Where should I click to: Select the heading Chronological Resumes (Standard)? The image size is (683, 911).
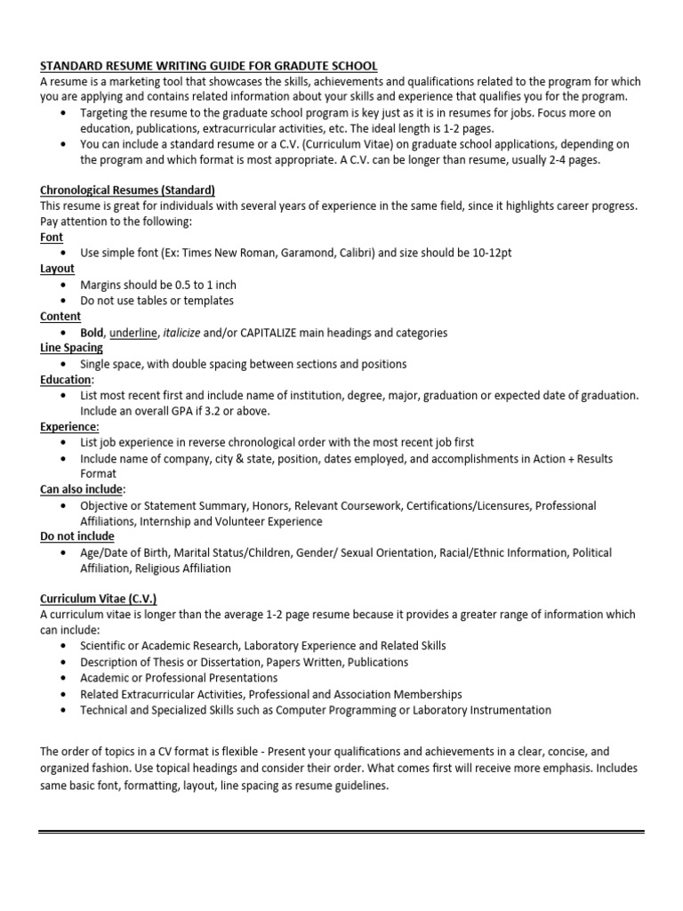pyautogui.click(x=127, y=190)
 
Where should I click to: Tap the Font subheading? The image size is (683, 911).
pyautogui.click(x=52, y=238)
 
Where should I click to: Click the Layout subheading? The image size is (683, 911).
pyautogui.click(x=57, y=269)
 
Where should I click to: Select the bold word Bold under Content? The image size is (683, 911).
pyautogui.click(x=92, y=333)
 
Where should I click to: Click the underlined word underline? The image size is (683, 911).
pyautogui.click(x=133, y=333)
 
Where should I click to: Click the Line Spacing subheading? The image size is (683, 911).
pyautogui.click(x=71, y=348)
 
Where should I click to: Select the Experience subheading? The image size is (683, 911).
pyautogui.click(x=69, y=427)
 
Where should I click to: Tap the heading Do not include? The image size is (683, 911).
pyautogui.click(x=77, y=536)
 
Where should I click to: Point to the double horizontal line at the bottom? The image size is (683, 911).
pyautogui.click(x=341, y=834)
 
